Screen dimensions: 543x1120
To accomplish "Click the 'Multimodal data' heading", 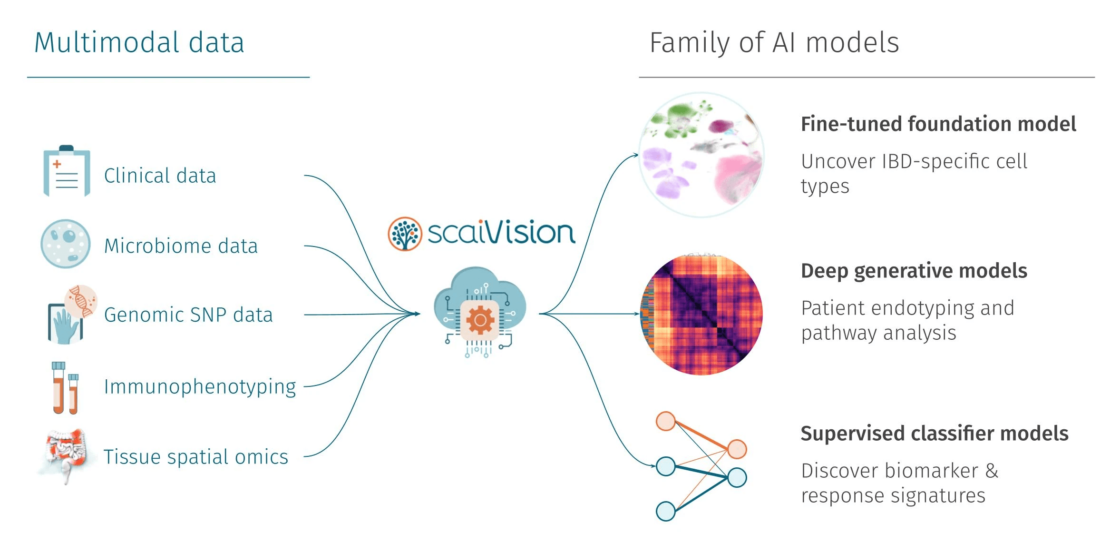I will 139,43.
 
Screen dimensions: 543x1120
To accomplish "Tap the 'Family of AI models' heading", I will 774,43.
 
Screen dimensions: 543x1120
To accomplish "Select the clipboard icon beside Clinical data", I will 67,171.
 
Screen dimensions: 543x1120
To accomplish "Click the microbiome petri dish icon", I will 65,244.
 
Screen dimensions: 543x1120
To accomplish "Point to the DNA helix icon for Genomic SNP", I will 81,301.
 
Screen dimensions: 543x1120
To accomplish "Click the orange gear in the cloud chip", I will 479,320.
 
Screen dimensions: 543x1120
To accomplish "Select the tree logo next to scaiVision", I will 405,234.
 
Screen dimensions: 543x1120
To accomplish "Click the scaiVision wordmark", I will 501,233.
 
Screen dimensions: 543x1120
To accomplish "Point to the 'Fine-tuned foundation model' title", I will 938,124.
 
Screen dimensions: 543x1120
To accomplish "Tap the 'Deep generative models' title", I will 914,271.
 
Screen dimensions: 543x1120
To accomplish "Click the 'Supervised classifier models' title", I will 934,434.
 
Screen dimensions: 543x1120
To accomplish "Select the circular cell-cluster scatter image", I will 701,155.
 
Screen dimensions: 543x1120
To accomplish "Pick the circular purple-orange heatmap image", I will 701,315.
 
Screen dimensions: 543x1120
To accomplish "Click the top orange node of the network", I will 665,421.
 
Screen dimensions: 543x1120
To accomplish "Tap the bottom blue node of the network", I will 665,511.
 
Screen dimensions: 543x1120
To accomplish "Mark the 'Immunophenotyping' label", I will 200,387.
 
